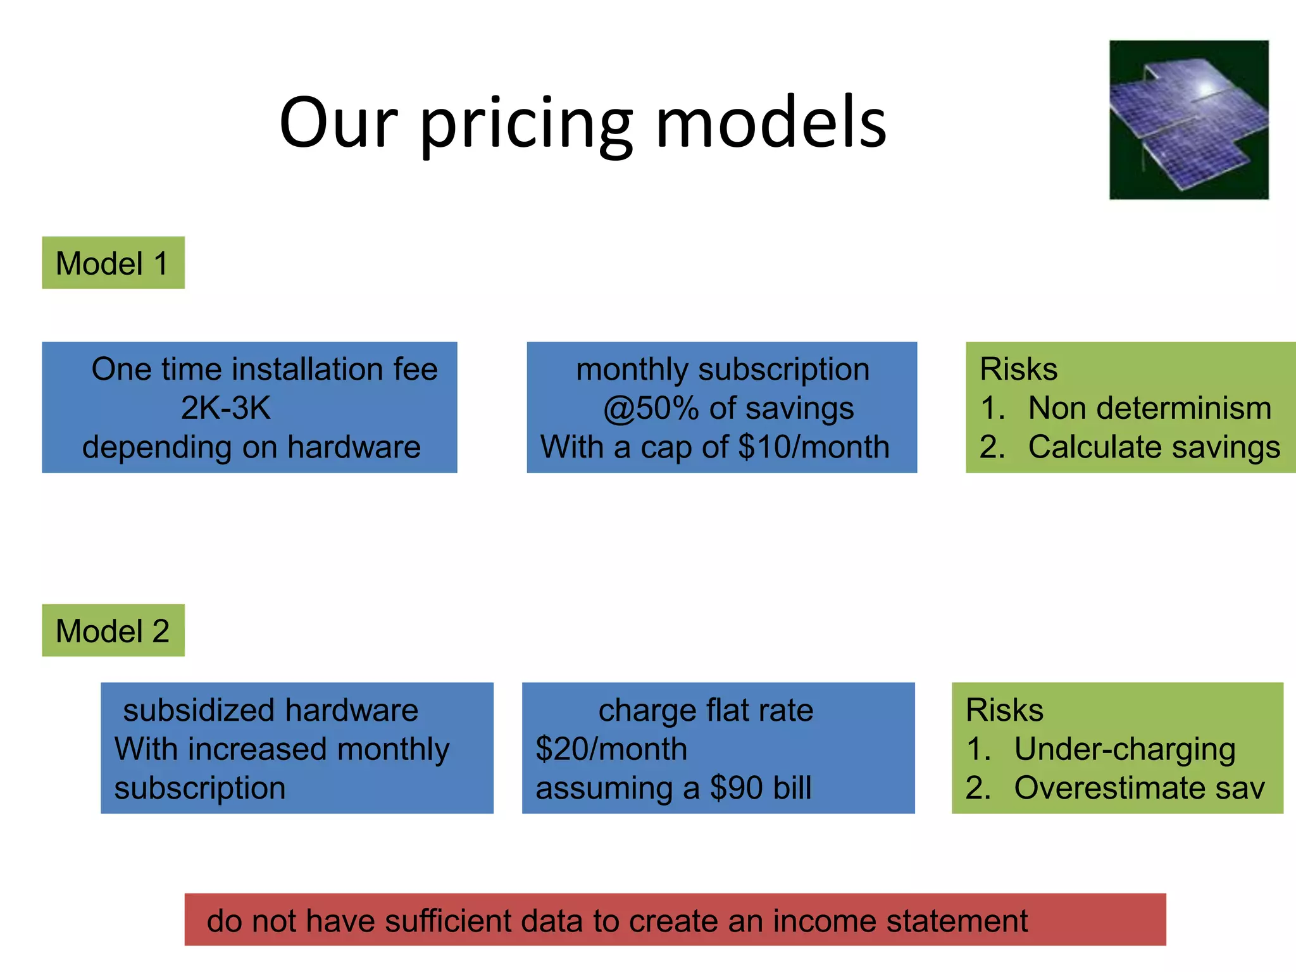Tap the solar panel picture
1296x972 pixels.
(1188, 120)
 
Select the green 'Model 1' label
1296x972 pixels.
(113, 263)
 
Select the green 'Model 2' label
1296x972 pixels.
(113, 631)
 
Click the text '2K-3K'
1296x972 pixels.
(225, 408)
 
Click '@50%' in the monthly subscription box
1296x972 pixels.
(651, 409)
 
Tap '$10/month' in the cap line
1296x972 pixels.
(814, 447)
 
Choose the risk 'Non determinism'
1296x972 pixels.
(1149, 408)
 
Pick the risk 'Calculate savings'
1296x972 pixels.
(1154, 447)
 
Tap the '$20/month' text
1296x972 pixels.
(611, 749)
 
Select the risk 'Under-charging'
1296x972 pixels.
(1125, 749)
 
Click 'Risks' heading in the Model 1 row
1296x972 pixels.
(1018, 369)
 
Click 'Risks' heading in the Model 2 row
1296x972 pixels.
(1004, 710)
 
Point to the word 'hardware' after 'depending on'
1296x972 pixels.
(354, 447)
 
